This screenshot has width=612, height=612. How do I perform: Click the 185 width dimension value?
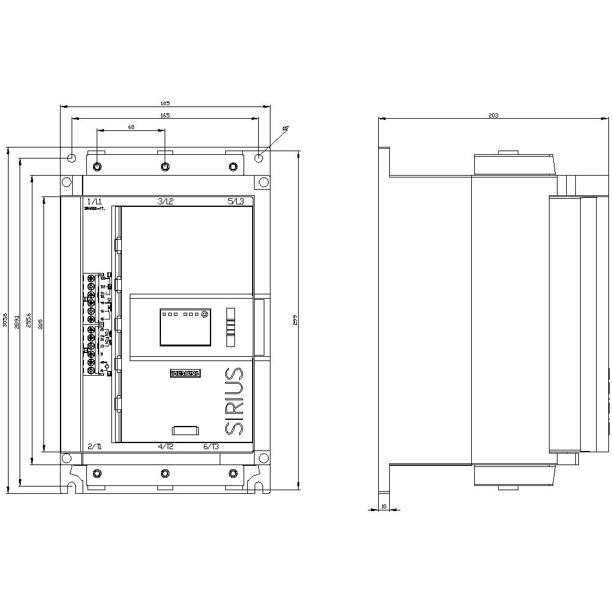[165, 103]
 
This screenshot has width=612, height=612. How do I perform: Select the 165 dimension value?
[165, 115]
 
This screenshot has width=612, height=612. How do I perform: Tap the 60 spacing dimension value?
[131, 127]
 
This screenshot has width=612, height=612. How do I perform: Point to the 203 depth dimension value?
[494, 115]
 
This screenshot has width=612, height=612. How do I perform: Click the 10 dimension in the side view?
[384, 506]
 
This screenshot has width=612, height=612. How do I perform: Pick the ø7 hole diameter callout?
[285, 128]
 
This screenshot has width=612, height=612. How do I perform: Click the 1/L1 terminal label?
[95, 201]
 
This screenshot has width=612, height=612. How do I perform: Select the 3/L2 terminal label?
[166, 201]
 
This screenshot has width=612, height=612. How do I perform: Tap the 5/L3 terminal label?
[236, 201]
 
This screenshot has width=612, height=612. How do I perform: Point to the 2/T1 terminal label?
[95, 447]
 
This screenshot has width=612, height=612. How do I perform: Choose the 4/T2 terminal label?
[166, 447]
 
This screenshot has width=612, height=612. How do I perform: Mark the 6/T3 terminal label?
[211, 447]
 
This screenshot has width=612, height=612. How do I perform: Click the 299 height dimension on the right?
[295, 319]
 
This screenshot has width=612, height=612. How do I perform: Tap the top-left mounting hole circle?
[72, 158]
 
